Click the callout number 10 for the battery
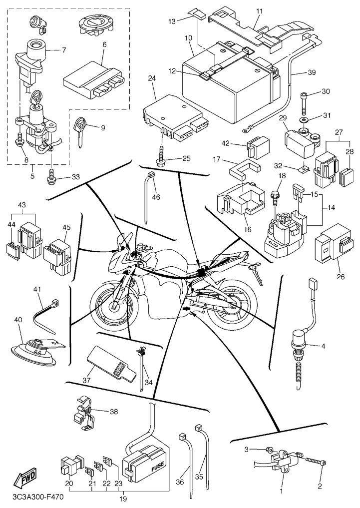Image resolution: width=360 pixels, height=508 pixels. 188,38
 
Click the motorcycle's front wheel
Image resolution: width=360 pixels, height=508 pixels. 112,308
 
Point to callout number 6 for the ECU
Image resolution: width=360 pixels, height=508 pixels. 105,45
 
